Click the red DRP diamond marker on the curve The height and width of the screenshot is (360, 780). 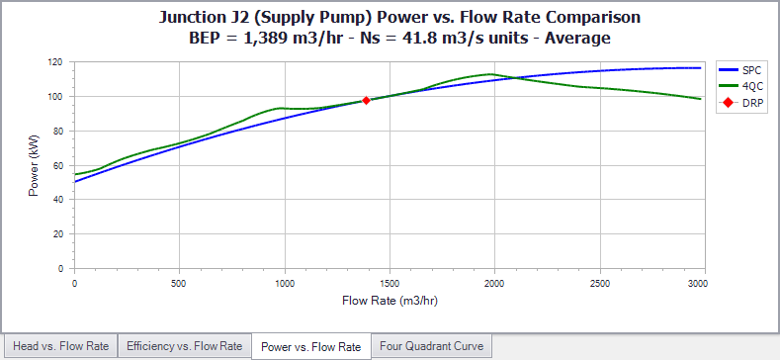click(x=366, y=100)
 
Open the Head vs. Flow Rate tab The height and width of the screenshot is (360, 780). click(x=59, y=346)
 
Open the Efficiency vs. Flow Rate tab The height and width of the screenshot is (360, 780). click(x=185, y=346)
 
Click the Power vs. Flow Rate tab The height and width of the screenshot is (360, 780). click(x=310, y=346)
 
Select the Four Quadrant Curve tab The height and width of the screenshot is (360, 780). click(x=431, y=346)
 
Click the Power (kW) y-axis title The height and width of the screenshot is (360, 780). click(x=34, y=165)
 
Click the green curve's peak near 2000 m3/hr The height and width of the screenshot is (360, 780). click(x=490, y=74)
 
